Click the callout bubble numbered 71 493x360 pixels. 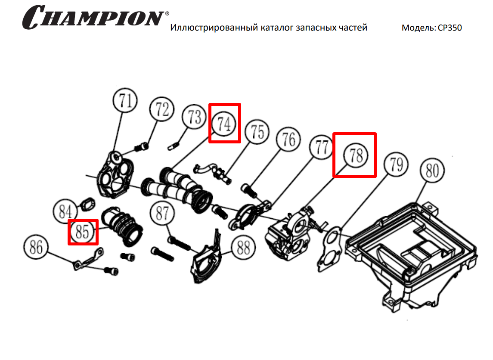125,101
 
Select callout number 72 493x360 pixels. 162,109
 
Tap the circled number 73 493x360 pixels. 194,117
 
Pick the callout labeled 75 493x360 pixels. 257,132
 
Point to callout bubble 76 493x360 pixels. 288,139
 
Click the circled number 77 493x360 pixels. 321,147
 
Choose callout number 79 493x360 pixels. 396,164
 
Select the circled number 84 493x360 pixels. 65,211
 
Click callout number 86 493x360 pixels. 36,247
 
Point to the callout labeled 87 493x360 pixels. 162,213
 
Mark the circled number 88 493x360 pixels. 243,248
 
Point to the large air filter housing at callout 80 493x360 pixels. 412,251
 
